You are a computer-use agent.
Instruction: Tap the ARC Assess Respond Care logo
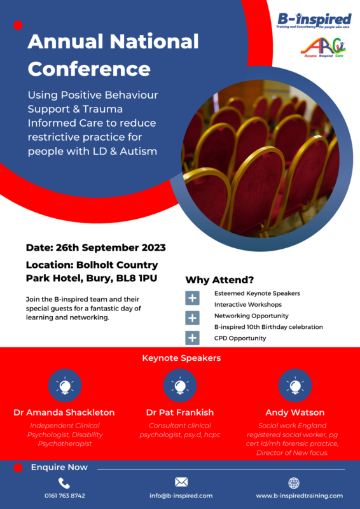point(323,48)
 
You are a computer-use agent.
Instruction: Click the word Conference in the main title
point(89,69)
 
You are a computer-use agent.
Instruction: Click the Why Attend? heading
point(219,280)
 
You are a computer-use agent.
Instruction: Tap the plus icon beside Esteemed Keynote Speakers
point(192,298)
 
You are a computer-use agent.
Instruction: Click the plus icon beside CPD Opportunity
point(192,338)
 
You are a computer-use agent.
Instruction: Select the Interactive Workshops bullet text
point(248,305)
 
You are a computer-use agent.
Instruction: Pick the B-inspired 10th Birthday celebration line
point(268,327)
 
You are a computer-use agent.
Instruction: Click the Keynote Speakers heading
point(181,358)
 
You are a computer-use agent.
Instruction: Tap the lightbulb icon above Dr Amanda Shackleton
point(65,386)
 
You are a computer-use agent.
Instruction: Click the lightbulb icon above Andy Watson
point(295,386)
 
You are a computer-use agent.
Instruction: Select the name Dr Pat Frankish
point(180,412)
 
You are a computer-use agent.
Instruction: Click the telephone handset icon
point(64,483)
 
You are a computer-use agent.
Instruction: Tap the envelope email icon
point(181,482)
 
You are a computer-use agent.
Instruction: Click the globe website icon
point(294,484)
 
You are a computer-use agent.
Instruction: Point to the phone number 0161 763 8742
point(65,496)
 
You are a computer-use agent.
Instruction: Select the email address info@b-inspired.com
point(181,496)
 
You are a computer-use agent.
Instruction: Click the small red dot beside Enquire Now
point(18,468)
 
